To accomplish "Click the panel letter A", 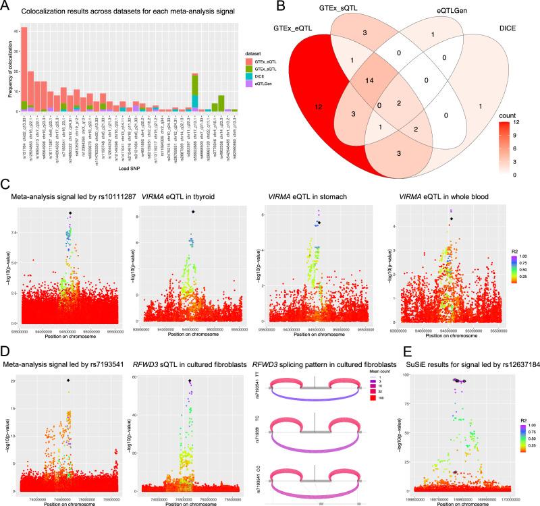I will (x=6, y=6).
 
